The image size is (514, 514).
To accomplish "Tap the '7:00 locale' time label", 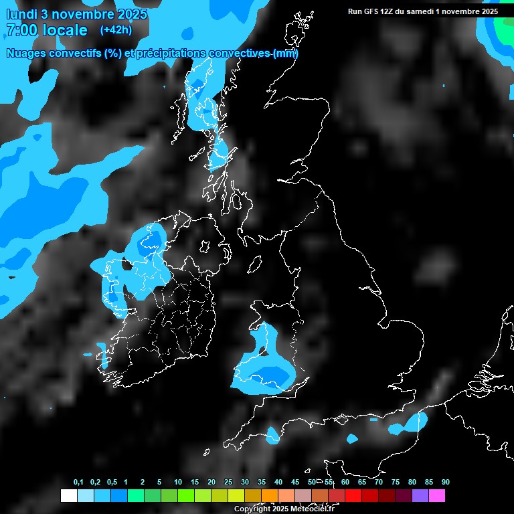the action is point(46,30).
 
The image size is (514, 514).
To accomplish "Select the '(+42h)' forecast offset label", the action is point(115,29).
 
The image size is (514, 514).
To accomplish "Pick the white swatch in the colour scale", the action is point(68,496).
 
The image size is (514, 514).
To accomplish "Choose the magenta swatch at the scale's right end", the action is point(437,496).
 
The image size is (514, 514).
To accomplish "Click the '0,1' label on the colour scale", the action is point(78,483).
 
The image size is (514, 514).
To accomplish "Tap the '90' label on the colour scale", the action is point(446,483).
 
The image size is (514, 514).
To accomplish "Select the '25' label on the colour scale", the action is point(228,483).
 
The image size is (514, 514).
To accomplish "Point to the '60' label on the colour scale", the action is point(345,483).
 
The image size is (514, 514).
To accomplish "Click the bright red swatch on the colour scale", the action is point(353,496).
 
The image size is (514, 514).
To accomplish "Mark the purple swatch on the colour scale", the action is point(420,496).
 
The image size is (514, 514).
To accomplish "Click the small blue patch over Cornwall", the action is point(272,435).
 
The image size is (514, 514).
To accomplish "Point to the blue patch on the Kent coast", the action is point(410,424).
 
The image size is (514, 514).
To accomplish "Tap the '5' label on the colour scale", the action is point(159,483).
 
